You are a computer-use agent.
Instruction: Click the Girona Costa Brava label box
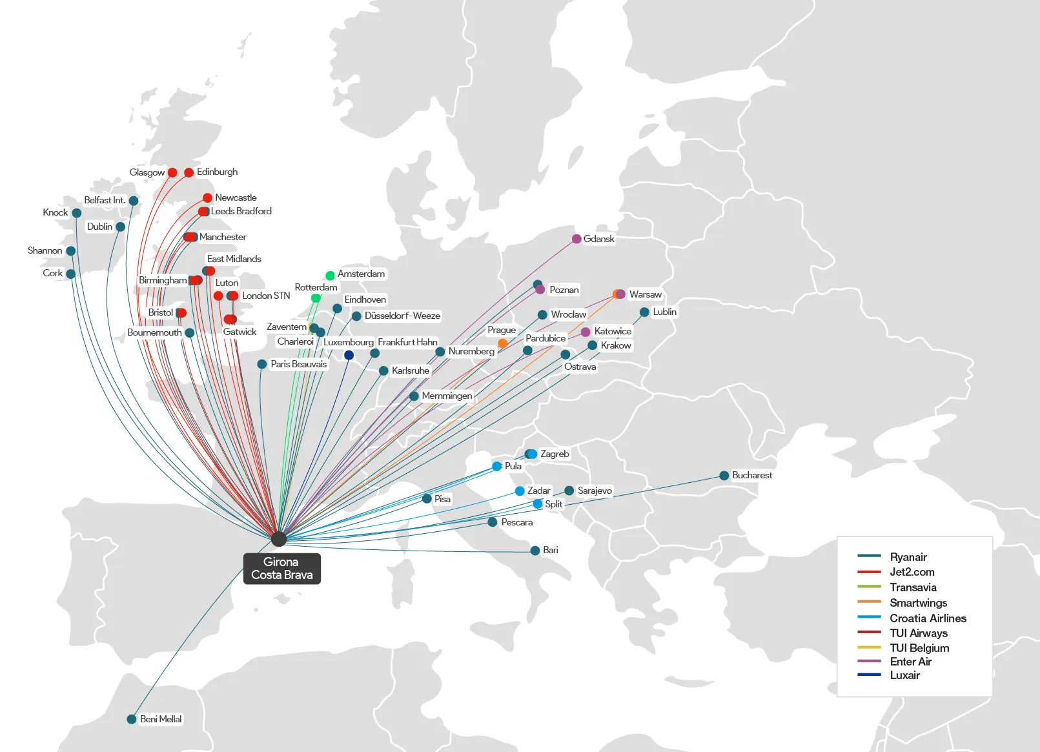281,569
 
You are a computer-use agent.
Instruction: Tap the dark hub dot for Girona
279,539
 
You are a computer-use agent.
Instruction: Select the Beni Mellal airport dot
132,719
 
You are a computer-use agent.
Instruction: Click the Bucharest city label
752,475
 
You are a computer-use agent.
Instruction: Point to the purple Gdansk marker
576,239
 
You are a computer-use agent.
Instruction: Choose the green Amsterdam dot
330,276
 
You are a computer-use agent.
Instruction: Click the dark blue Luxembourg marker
349,355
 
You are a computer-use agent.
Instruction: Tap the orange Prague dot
502,343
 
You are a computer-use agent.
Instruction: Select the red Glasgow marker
172,172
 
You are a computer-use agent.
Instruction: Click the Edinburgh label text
217,172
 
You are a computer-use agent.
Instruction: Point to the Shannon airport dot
71,251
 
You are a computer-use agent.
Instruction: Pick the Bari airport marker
535,551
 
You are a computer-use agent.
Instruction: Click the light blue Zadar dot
520,491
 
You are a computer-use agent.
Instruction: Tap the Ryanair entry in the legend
908,557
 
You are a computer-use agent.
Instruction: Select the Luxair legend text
904,675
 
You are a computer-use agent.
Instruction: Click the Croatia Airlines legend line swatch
869,618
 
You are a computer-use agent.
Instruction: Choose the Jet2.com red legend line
869,572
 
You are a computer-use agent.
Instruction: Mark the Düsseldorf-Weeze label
402,316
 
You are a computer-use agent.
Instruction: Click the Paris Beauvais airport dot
262,365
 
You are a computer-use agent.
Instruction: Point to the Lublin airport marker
644,312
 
